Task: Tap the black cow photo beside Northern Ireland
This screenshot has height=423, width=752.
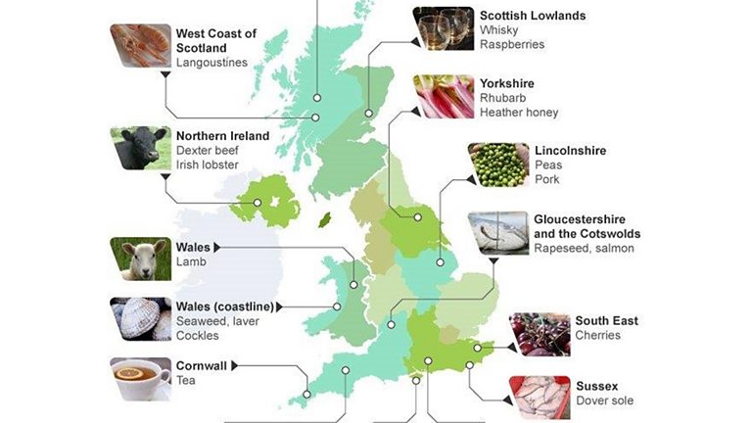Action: [141, 148]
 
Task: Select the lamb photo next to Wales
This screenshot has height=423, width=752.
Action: [141, 258]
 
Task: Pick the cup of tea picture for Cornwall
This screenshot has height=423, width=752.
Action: [141, 378]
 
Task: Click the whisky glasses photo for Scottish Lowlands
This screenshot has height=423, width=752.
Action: [444, 27]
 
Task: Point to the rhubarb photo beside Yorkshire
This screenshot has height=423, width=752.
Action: [444, 96]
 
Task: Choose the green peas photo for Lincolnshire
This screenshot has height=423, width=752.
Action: [497, 164]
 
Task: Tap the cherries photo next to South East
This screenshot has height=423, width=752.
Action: [539, 335]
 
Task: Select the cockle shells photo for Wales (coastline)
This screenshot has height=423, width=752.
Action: [141, 319]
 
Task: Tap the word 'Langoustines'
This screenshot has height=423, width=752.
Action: [211, 63]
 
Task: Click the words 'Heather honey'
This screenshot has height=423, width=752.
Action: [519, 113]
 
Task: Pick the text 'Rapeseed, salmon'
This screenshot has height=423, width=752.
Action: [584, 249]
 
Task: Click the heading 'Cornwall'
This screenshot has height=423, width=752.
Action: [202, 366]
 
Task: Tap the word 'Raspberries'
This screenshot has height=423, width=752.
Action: [512, 44]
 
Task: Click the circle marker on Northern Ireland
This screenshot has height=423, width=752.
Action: [258, 203]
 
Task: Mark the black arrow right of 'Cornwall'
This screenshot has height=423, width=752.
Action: [235, 366]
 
